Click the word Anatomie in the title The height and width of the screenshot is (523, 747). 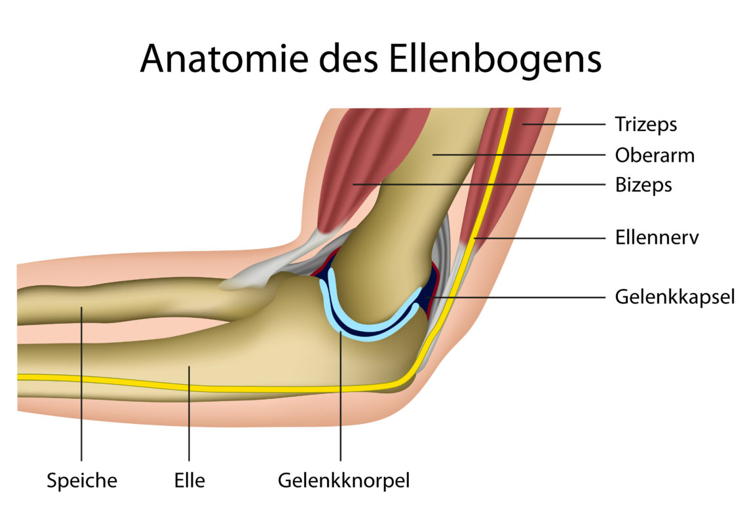224,58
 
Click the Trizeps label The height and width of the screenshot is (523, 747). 645,125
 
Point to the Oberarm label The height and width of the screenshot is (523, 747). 655,155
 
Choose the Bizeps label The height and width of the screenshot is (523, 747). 643,185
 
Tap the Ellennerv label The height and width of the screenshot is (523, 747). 657,237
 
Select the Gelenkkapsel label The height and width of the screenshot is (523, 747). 674,298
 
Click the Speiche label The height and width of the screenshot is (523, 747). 82,480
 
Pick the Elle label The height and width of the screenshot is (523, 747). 189,480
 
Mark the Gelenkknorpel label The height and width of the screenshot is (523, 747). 343,480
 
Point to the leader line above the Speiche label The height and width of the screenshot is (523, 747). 81,384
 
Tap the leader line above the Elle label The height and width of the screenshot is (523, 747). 189,413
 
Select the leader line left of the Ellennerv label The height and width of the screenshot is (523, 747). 540,238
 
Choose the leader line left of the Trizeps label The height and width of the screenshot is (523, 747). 564,125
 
